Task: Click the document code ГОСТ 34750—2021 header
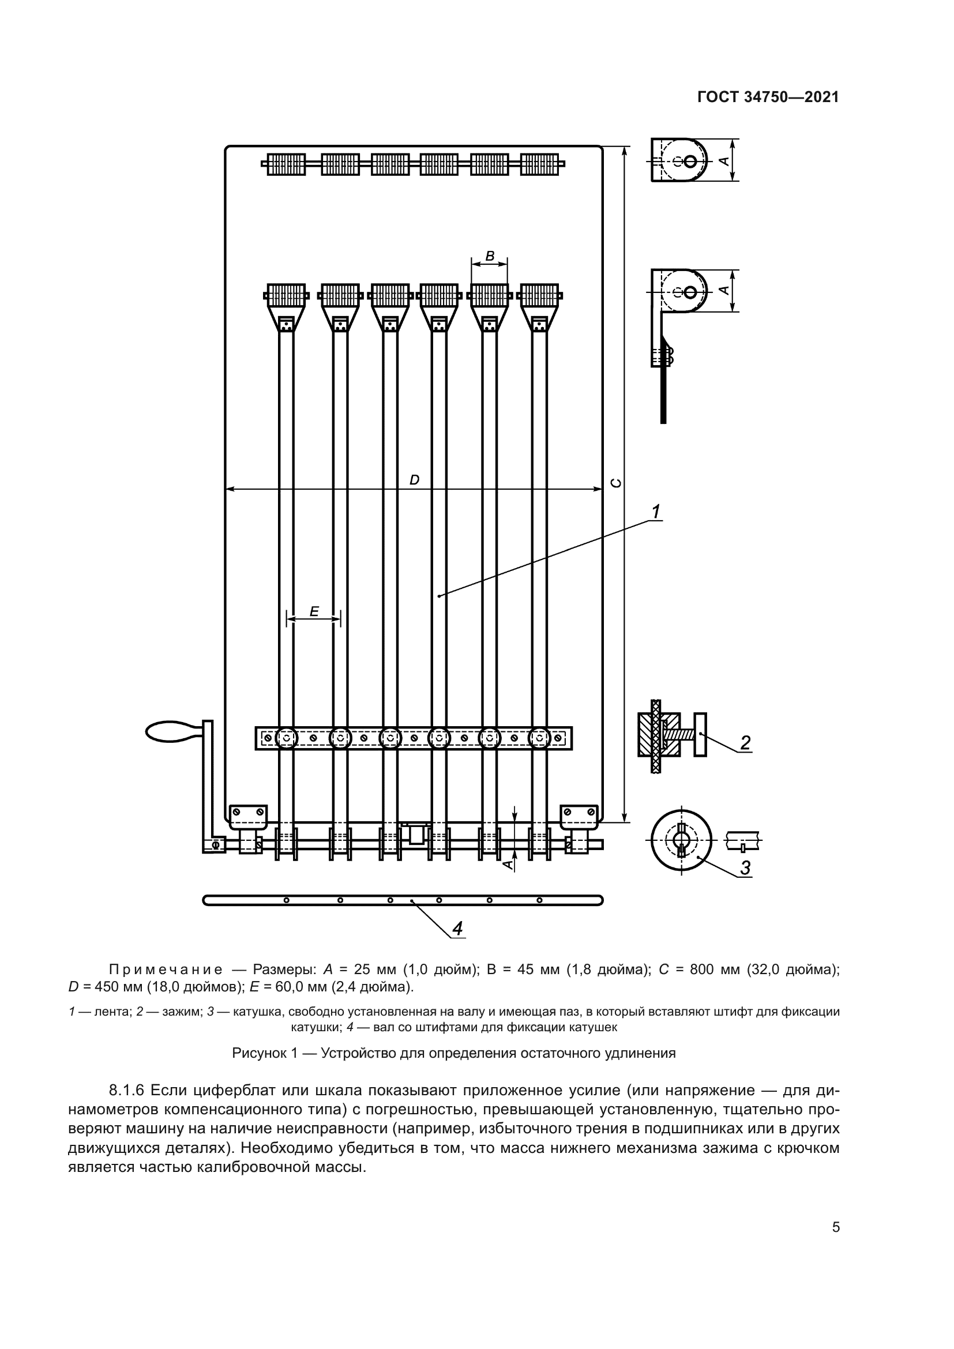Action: pyautogui.click(x=768, y=97)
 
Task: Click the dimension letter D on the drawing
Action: pyautogui.click(x=414, y=480)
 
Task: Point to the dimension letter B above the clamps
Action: pyautogui.click(x=489, y=256)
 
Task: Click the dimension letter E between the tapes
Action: pyautogui.click(x=314, y=611)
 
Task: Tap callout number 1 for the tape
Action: pyautogui.click(x=656, y=512)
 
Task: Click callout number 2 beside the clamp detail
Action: pyautogui.click(x=745, y=743)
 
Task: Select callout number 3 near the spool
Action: pyautogui.click(x=745, y=867)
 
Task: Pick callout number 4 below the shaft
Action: pyautogui.click(x=457, y=929)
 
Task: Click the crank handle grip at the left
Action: pyautogui.click(x=170, y=731)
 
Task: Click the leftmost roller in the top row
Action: pyautogui.click(x=286, y=164)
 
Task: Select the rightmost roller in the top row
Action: pyautogui.click(x=539, y=164)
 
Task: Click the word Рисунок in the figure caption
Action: pyautogui.click(x=256, y=1053)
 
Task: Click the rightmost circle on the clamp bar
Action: pyautogui.click(x=539, y=738)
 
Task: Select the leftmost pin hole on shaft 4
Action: pyautogui.click(x=287, y=900)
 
